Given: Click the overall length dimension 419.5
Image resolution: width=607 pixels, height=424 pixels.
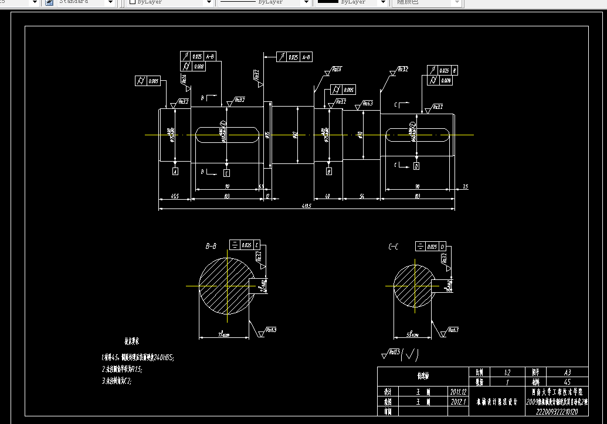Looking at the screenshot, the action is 306,206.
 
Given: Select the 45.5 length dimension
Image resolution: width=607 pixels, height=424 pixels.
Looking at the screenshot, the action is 174,196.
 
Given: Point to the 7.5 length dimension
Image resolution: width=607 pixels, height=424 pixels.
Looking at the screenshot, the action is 465,186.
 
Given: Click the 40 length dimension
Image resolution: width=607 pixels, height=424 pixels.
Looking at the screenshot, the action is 327,196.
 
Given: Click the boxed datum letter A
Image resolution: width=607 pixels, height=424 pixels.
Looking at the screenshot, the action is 175,171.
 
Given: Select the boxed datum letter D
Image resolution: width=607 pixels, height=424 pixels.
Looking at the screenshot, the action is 416,166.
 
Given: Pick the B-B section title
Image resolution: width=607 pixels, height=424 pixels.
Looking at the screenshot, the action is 211,247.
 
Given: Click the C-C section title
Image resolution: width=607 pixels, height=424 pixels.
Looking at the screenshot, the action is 394,247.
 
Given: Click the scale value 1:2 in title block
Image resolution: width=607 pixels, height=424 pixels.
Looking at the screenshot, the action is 507,372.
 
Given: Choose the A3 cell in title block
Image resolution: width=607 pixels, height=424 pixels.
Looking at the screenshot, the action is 567,372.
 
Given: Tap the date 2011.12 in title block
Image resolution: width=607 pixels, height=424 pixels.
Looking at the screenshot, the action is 458,391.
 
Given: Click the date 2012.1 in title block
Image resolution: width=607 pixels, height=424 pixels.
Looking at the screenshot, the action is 458,402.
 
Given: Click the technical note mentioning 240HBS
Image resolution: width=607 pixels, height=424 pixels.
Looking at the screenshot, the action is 138,357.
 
